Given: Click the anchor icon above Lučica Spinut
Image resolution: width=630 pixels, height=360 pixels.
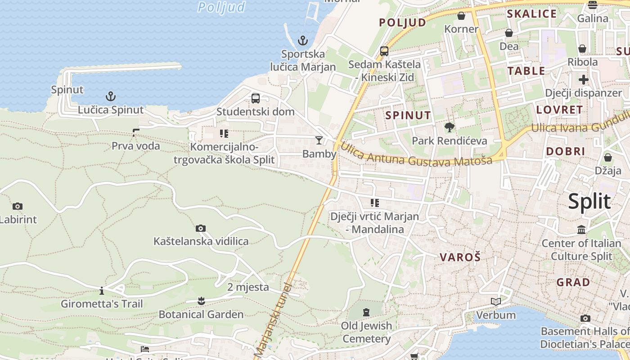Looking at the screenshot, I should click(110, 96).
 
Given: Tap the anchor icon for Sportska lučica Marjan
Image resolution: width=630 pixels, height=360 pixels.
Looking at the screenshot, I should click(303, 40).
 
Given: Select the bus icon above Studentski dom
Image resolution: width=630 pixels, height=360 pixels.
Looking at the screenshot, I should click(256, 98).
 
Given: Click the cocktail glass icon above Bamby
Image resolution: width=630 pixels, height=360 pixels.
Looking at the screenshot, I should click(319, 140).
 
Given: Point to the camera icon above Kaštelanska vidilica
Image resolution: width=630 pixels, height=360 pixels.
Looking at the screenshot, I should click(201, 228).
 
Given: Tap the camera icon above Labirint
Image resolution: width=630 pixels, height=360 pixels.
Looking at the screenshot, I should click(18, 206).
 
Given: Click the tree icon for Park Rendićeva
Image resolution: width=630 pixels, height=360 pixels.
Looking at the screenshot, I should click(449, 127).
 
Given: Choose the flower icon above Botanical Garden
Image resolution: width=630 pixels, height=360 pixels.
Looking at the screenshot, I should click(201, 300).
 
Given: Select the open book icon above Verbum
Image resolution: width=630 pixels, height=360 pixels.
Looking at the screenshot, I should click(496, 301).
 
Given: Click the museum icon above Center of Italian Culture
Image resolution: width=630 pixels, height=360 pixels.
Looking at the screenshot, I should click(581, 229).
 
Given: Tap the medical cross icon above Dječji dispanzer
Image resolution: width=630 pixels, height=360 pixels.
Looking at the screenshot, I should click(584, 80).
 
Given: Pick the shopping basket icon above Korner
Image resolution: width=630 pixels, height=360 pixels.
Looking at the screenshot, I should click(461, 16).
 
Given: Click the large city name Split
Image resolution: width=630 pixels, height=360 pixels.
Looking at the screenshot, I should click(589, 201).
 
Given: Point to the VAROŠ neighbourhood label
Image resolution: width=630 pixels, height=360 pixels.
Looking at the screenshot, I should click(460, 257).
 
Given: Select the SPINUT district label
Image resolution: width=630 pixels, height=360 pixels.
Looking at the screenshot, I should click(408, 115).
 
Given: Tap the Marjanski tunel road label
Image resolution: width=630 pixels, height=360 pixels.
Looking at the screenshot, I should click(273, 319).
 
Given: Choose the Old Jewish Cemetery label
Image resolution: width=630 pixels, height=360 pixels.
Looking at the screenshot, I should click(366, 332).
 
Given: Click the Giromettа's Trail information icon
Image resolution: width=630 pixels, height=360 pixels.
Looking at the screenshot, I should click(102, 290).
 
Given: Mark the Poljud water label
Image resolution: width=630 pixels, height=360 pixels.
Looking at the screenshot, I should click(222, 7).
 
